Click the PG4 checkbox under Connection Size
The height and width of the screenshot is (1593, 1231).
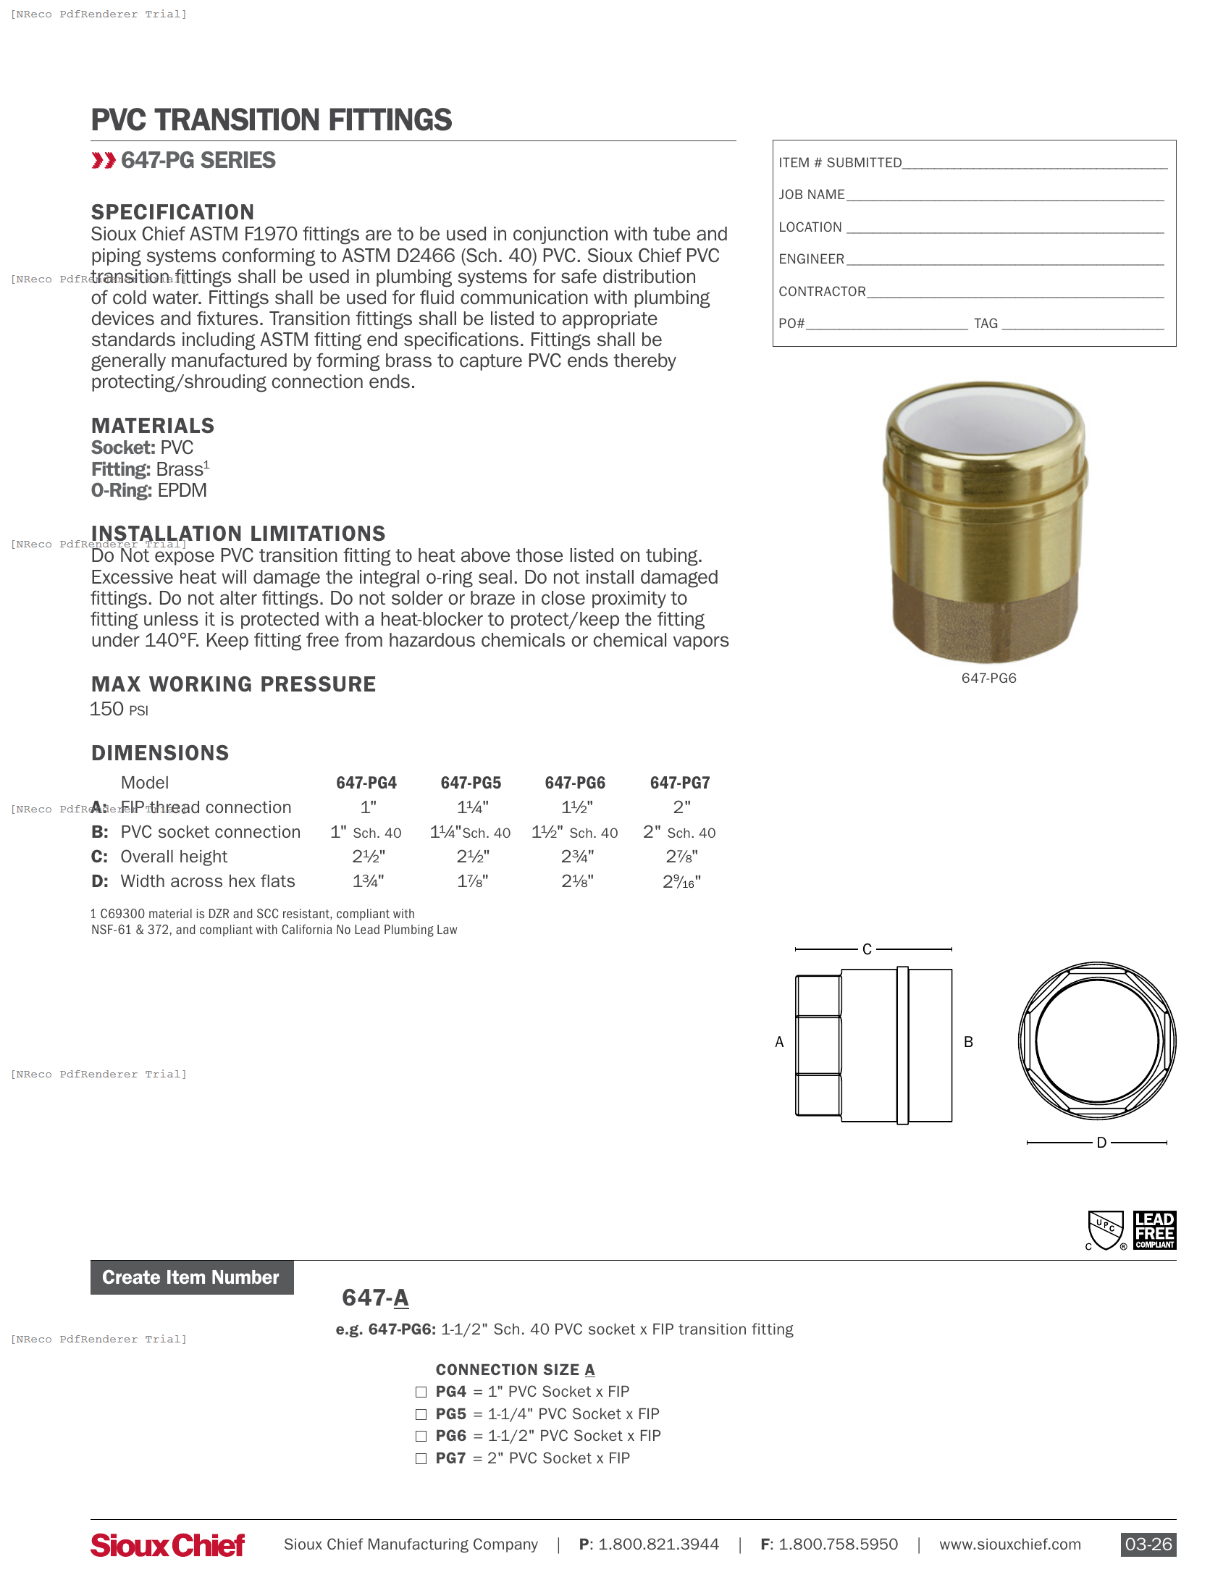(421, 1392)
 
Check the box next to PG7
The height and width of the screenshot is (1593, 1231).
(421, 1458)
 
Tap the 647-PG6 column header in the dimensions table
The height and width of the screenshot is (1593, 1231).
(575, 783)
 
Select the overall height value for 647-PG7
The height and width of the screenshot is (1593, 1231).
(681, 857)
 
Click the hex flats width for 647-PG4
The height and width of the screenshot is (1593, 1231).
(369, 881)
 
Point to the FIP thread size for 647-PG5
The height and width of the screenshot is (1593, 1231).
(473, 807)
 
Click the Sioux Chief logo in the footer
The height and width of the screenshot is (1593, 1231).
(168, 1544)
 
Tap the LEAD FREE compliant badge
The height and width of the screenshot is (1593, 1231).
(1154, 1230)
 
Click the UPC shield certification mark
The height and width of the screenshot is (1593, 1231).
(1106, 1230)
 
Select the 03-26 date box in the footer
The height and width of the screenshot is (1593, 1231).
(1148, 1544)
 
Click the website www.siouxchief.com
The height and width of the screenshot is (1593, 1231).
(1009, 1544)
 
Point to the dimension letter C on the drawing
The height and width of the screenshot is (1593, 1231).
(867, 949)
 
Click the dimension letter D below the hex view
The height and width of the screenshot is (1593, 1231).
(1101, 1142)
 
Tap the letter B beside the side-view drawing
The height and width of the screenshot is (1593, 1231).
(968, 1041)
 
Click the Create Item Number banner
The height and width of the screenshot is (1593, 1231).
(192, 1277)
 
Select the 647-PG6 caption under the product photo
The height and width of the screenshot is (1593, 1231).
(988, 678)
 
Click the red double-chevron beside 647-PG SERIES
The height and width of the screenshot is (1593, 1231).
(104, 161)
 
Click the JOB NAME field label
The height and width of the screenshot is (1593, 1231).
(811, 195)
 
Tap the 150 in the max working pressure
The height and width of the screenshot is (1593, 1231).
(106, 709)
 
